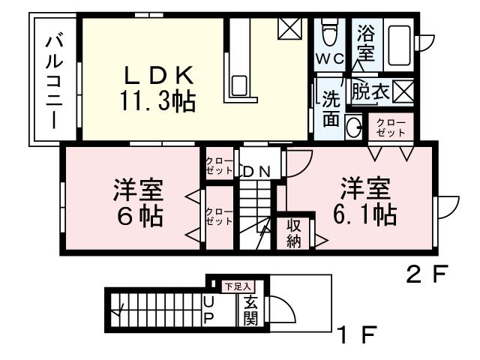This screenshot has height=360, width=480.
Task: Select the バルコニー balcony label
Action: pos(53,82)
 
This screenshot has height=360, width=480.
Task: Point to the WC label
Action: pos(329,58)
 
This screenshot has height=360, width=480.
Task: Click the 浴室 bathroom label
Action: pos(366,43)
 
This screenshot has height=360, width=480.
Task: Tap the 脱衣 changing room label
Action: pos(370,92)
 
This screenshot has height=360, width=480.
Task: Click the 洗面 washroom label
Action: pos(331,108)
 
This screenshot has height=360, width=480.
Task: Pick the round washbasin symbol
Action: pos(352,129)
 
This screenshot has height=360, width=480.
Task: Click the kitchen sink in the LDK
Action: pos(240,85)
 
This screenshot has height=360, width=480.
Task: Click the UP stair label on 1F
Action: pos(209,310)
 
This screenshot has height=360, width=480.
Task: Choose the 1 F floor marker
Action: pos(355,334)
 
